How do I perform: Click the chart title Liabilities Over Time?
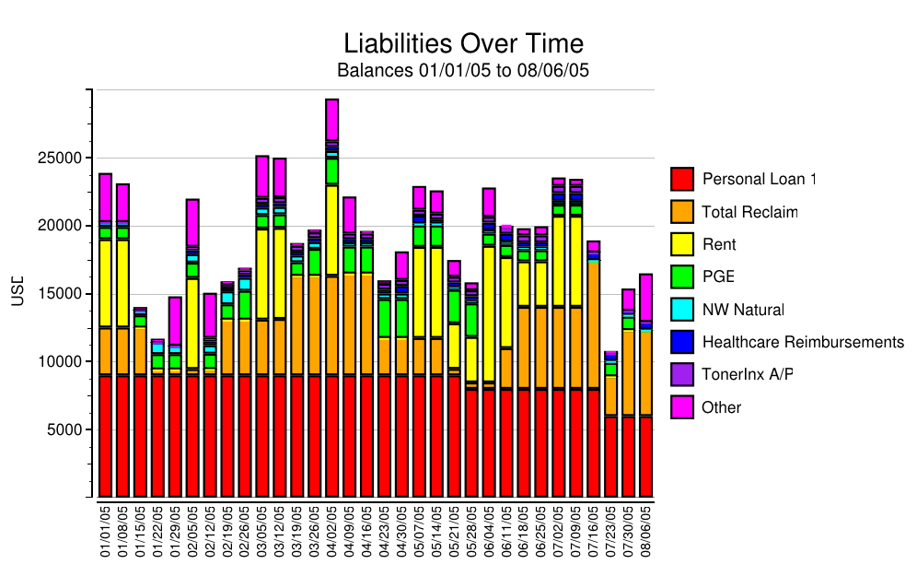pos(463,43)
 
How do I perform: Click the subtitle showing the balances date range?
pos(463,70)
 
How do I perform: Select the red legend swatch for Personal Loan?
pos(681,179)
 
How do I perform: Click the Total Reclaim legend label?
pos(749,213)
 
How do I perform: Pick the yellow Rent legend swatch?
pos(681,244)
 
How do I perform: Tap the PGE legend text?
pos(717,276)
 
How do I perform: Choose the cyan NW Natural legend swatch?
pos(681,310)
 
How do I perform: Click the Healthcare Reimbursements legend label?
pos(803,342)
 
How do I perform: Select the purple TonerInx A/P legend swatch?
pos(681,374)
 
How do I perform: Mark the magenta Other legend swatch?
pos(681,406)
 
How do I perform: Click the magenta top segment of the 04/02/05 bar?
pos(331,119)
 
